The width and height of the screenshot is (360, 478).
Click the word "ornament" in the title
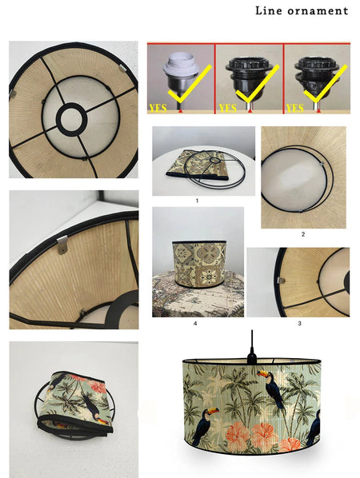pyautogui.click(x=318, y=11)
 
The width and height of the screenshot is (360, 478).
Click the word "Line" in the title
pyautogui.click(x=269, y=10)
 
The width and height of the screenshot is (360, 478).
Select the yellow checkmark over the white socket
pyautogui.click(x=190, y=84)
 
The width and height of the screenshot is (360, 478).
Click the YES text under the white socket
pyautogui.click(x=158, y=108)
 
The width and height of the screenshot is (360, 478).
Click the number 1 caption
pyautogui.click(x=197, y=201)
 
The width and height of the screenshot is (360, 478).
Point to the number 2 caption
pyautogui.click(x=303, y=234)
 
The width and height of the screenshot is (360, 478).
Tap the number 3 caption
pyautogui.click(x=299, y=323)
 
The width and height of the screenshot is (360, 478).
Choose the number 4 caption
pyautogui.click(x=195, y=323)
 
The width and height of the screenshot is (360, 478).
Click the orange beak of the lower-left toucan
pyautogui.click(x=213, y=411)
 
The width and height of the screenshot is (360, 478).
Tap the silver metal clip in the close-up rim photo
pyautogui.click(x=62, y=245)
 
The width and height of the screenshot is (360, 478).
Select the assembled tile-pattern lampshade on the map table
pyautogui.click(x=200, y=264)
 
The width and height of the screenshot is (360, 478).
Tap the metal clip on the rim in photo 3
pyautogui.click(x=282, y=281)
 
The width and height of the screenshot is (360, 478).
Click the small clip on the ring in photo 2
pyautogui.click(x=322, y=164)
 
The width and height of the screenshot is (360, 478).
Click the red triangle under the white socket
pyautogui.click(x=181, y=111)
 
